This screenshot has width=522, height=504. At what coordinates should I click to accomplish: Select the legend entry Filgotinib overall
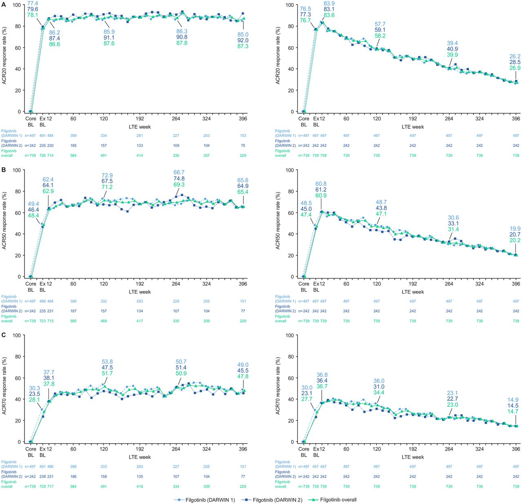coord(338,500)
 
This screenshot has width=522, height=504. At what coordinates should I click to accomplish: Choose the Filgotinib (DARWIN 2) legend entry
coord(277,500)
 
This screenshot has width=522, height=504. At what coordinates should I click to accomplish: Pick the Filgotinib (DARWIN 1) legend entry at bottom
coord(210,500)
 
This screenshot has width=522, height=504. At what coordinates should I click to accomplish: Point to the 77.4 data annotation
coord(33,3)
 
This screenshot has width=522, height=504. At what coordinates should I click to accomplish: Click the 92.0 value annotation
coord(243,40)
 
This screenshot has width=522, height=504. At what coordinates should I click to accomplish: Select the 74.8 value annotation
coord(179,179)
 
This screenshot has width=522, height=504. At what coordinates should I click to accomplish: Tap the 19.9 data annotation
coord(515,229)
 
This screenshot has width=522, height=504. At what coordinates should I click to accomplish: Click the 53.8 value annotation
coord(107,362)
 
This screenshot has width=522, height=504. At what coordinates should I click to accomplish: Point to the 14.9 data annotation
coord(513,400)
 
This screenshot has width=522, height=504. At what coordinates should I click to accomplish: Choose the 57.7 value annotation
coord(380,24)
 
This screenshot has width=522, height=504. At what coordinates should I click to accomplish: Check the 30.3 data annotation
coord(35,388)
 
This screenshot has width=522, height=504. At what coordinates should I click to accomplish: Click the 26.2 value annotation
coord(515,57)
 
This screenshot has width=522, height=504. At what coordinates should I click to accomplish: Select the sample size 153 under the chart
coord(243,135)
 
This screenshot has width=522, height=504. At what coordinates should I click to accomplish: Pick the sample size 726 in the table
coord(42,155)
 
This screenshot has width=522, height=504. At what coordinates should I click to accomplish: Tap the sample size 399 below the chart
coord(73,135)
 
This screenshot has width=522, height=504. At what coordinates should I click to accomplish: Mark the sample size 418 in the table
coord(140,486)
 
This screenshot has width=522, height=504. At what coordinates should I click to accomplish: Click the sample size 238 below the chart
coord(42,476)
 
